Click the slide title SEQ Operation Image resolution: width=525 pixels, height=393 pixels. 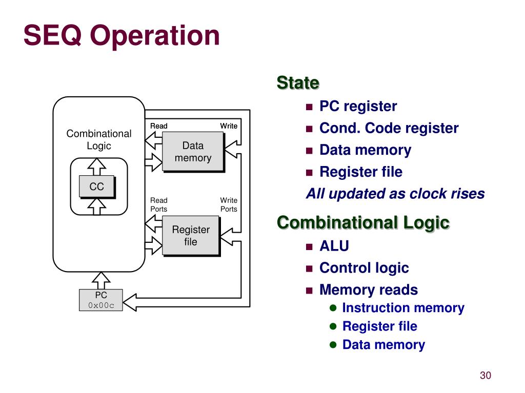[x=122, y=36]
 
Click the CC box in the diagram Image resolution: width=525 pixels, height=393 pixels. [x=97, y=187]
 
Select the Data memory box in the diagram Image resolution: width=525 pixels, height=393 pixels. [x=193, y=152]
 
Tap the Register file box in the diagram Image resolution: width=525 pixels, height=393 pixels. [x=191, y=236]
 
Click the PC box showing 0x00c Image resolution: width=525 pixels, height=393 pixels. [x=101, y=300]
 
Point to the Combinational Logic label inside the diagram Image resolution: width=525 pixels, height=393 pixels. [x=99, y=139]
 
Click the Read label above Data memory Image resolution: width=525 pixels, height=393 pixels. [x=159, y=126]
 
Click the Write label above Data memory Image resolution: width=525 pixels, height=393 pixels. [x=229, y=126]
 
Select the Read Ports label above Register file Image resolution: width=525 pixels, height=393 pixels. [x=159, y=204]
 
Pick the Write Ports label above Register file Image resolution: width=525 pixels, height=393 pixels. [x=229, y=204]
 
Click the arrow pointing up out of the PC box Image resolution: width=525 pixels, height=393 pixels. [x=101, y=280]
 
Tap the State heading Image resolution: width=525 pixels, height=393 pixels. [x=298, y=82]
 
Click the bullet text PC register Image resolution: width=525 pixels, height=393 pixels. [x=358, y=107]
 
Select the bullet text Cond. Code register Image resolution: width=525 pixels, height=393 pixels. [x=389, y=128]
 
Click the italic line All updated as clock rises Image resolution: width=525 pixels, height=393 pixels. [x=395, y=194]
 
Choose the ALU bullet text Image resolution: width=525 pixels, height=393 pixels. [x=334, y=246]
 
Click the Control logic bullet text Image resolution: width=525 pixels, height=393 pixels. [x=364, y=268]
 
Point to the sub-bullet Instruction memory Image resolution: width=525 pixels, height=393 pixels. [x=403, y=308]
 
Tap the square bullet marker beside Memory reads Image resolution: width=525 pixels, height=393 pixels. [x=309, y=291]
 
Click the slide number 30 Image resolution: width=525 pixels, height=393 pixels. [x=485, y=375]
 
